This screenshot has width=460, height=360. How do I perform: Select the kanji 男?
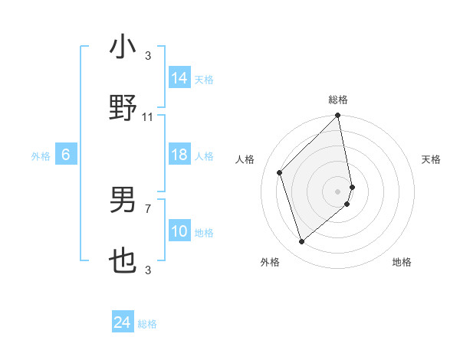tap(123, 200)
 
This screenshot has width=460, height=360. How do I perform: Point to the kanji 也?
tap(123, 261)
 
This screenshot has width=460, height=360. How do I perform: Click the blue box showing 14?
tap(179, 78)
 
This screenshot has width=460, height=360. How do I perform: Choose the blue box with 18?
tap(179, 155)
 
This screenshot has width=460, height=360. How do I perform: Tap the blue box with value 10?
tap(179, 231)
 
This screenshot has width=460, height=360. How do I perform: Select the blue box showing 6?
tap(66, 155)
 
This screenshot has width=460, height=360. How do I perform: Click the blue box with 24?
tap(123, 322)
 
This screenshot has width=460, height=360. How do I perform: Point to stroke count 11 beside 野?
tap(148, 117)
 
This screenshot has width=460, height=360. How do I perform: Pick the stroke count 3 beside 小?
tap(148, 56)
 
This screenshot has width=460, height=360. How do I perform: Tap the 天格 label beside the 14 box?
tap(204, 80)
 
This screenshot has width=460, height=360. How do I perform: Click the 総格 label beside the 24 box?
tap(147, 324)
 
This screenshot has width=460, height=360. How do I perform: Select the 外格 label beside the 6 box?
tap(41, 156)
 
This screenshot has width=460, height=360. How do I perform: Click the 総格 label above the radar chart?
tap(338, 100)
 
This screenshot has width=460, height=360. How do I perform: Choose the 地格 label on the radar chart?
tap(402, 262)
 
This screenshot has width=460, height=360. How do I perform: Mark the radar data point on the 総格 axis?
tap(338, 116)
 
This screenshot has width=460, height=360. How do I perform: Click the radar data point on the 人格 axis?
tap(280, 172)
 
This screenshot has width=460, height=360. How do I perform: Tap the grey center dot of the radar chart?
tap(338, 191)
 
